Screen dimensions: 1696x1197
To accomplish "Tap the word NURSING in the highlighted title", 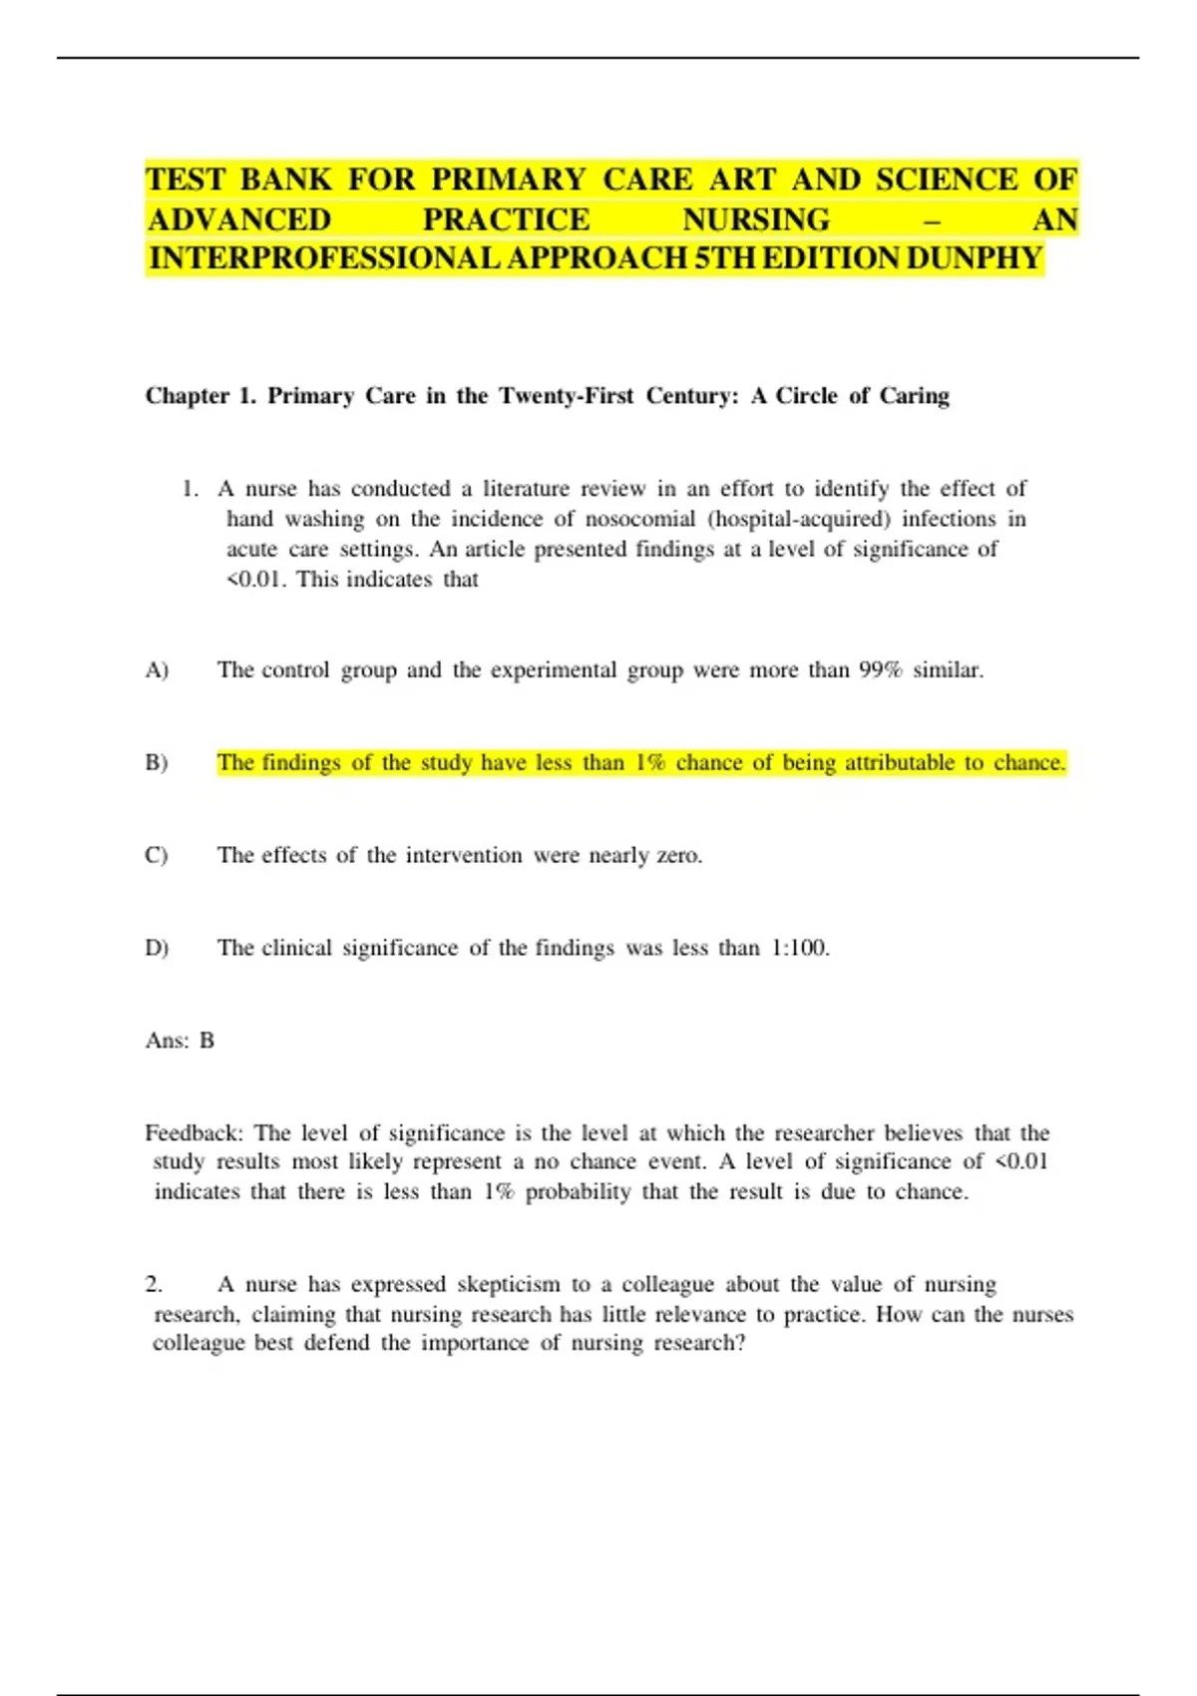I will tap(756, 219).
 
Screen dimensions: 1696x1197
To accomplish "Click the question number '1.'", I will tap(191, 489).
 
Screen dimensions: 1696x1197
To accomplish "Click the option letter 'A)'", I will tap(157, 670).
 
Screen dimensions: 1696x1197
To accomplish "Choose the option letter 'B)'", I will tap(157, 763).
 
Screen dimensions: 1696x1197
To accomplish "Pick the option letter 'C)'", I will tap(157, 856).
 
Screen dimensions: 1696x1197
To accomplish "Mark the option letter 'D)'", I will tap(157, 948).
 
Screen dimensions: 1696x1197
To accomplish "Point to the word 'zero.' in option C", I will tap(679, 856).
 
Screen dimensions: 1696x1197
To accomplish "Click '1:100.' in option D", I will tap(800, 948).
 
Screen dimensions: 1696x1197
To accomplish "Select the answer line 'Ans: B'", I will tap(180, 1041).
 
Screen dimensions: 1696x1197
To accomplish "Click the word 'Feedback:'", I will tap(194, 1133).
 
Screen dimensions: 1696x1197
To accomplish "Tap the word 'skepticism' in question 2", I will tap(508, 1284).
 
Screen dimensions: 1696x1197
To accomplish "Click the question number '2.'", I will tap(154, 1284).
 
